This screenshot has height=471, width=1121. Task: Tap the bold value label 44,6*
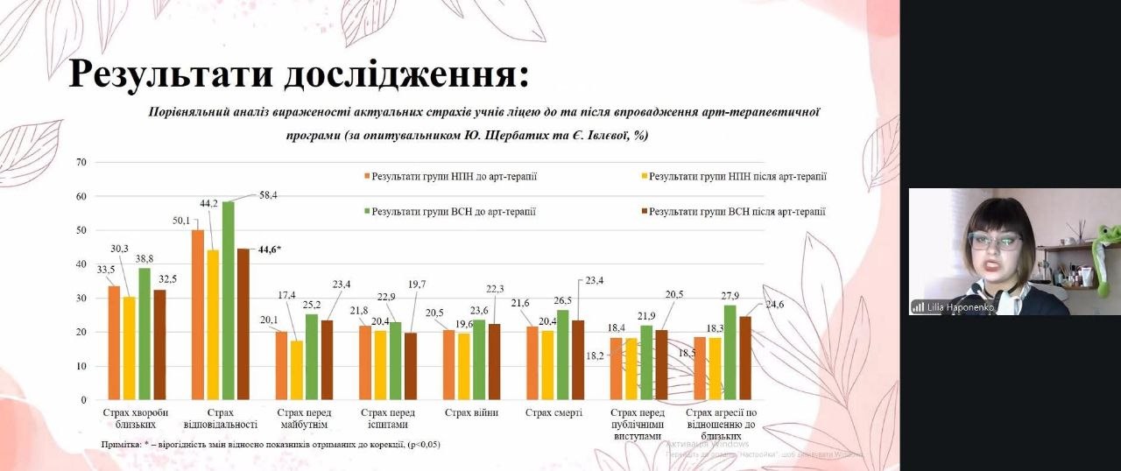click(269, 250)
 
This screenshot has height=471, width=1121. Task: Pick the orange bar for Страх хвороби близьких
click(114, 342)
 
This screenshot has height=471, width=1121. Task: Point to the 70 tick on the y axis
click(82, 162)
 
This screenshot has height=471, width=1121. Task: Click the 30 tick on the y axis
click(82, 298)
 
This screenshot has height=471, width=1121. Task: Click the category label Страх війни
click(471, 412)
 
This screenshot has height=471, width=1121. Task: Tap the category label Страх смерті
click(553, 412)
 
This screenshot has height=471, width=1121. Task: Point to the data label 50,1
click(181, 221)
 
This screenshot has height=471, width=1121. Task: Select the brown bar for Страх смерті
click(577, 360)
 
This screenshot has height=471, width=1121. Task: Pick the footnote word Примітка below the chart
click(120, 445)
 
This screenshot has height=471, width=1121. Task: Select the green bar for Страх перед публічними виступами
click(646, 362)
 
